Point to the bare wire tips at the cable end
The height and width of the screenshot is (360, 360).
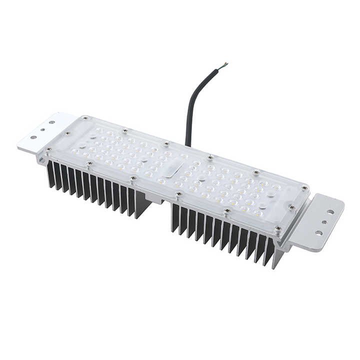[x=224, y=64]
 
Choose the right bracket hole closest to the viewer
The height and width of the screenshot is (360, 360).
[x=318, y=232]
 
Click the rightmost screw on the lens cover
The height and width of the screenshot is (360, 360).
[x=304, y=188]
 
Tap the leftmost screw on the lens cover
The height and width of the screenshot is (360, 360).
[x=48, y=149]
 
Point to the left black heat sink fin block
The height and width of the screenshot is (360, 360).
[x=95, y=187]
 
